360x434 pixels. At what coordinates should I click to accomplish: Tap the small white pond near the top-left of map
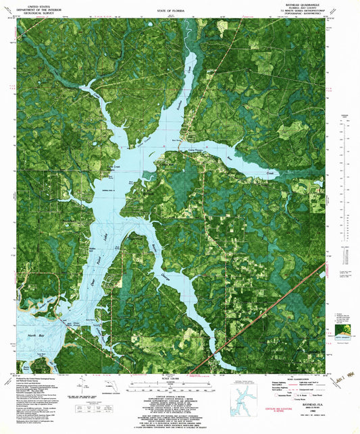tap(148, 26)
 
